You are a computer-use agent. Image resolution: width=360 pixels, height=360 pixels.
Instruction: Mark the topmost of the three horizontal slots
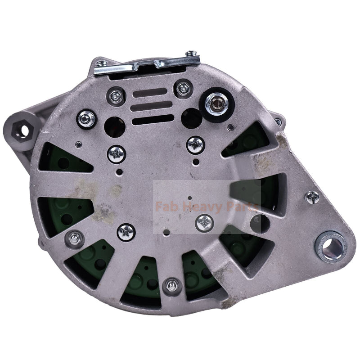153,94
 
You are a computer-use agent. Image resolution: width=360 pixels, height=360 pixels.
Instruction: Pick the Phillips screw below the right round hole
195,144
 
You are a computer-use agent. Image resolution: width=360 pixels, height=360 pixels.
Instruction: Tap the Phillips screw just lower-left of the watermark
126,232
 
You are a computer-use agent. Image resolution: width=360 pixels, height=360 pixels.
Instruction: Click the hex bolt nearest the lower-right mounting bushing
312,197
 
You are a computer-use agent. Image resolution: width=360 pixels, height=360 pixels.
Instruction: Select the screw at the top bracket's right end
191,55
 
